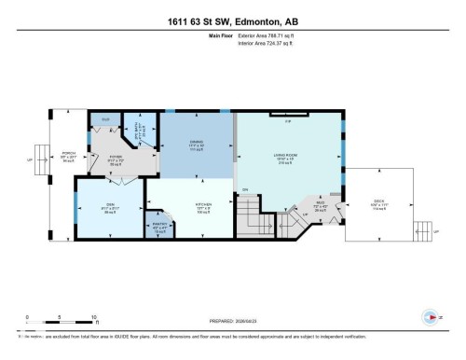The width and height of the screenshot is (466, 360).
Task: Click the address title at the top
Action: click(x=233, y=21)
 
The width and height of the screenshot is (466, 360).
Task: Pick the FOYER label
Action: click(x=116, y=159)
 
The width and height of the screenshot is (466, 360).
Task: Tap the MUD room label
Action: click(x=319, y=205)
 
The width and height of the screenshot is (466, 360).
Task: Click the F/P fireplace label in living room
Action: click(x=288, y=120)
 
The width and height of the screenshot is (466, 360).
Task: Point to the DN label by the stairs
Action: click(x=246, y=191)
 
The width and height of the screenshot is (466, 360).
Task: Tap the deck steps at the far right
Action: click(x=428, y=225)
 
